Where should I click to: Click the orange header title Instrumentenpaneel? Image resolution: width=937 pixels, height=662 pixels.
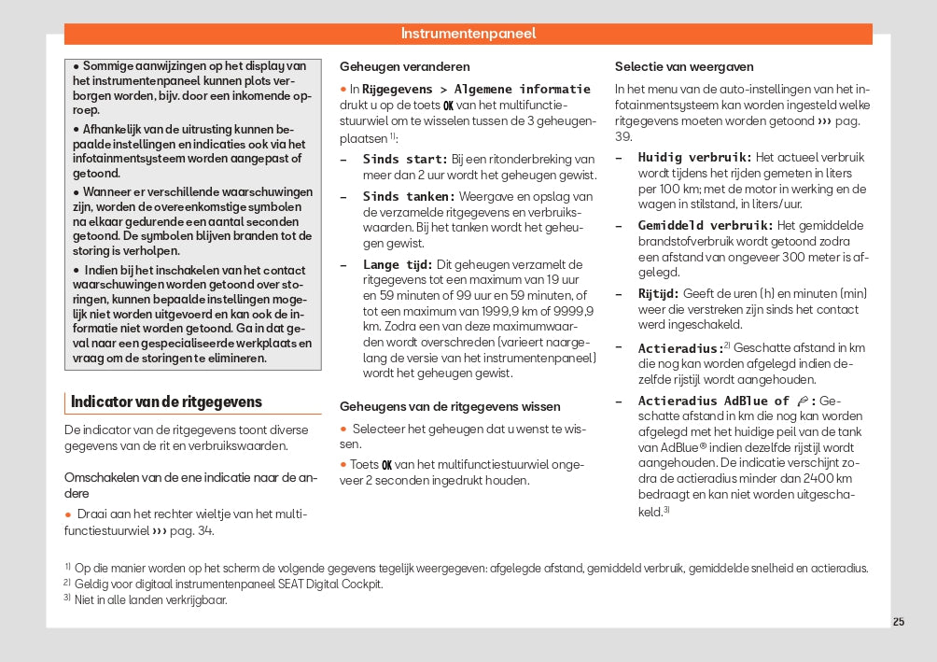click(x=468, y=34)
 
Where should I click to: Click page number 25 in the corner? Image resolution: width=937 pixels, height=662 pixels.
click(x=898, y=622)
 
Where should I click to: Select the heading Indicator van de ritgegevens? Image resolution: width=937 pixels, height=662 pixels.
click(x=167, y=402)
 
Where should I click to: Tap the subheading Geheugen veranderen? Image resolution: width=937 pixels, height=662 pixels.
click(x=405, y=67)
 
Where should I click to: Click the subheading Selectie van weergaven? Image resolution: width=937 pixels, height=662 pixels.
click(x=684, y=67)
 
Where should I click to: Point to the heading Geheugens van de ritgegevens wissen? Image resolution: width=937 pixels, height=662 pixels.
click(x=450, y=407)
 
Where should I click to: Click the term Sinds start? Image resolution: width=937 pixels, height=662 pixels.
click(x=405, y=160)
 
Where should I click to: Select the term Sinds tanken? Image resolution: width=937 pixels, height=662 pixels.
click(x=409, y=197)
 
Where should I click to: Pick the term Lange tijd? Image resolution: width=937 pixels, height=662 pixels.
click(x=398, y=265)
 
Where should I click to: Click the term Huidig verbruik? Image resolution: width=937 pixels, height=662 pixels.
click(x=694, y=158)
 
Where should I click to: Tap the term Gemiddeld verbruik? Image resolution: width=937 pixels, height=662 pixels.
click(x=706, y=226)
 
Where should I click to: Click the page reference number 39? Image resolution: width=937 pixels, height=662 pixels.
click(x=622, y=136)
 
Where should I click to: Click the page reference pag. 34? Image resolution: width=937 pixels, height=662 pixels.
click(x=198, y=531)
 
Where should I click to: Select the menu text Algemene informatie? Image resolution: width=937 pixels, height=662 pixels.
click(x=523, y=90)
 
